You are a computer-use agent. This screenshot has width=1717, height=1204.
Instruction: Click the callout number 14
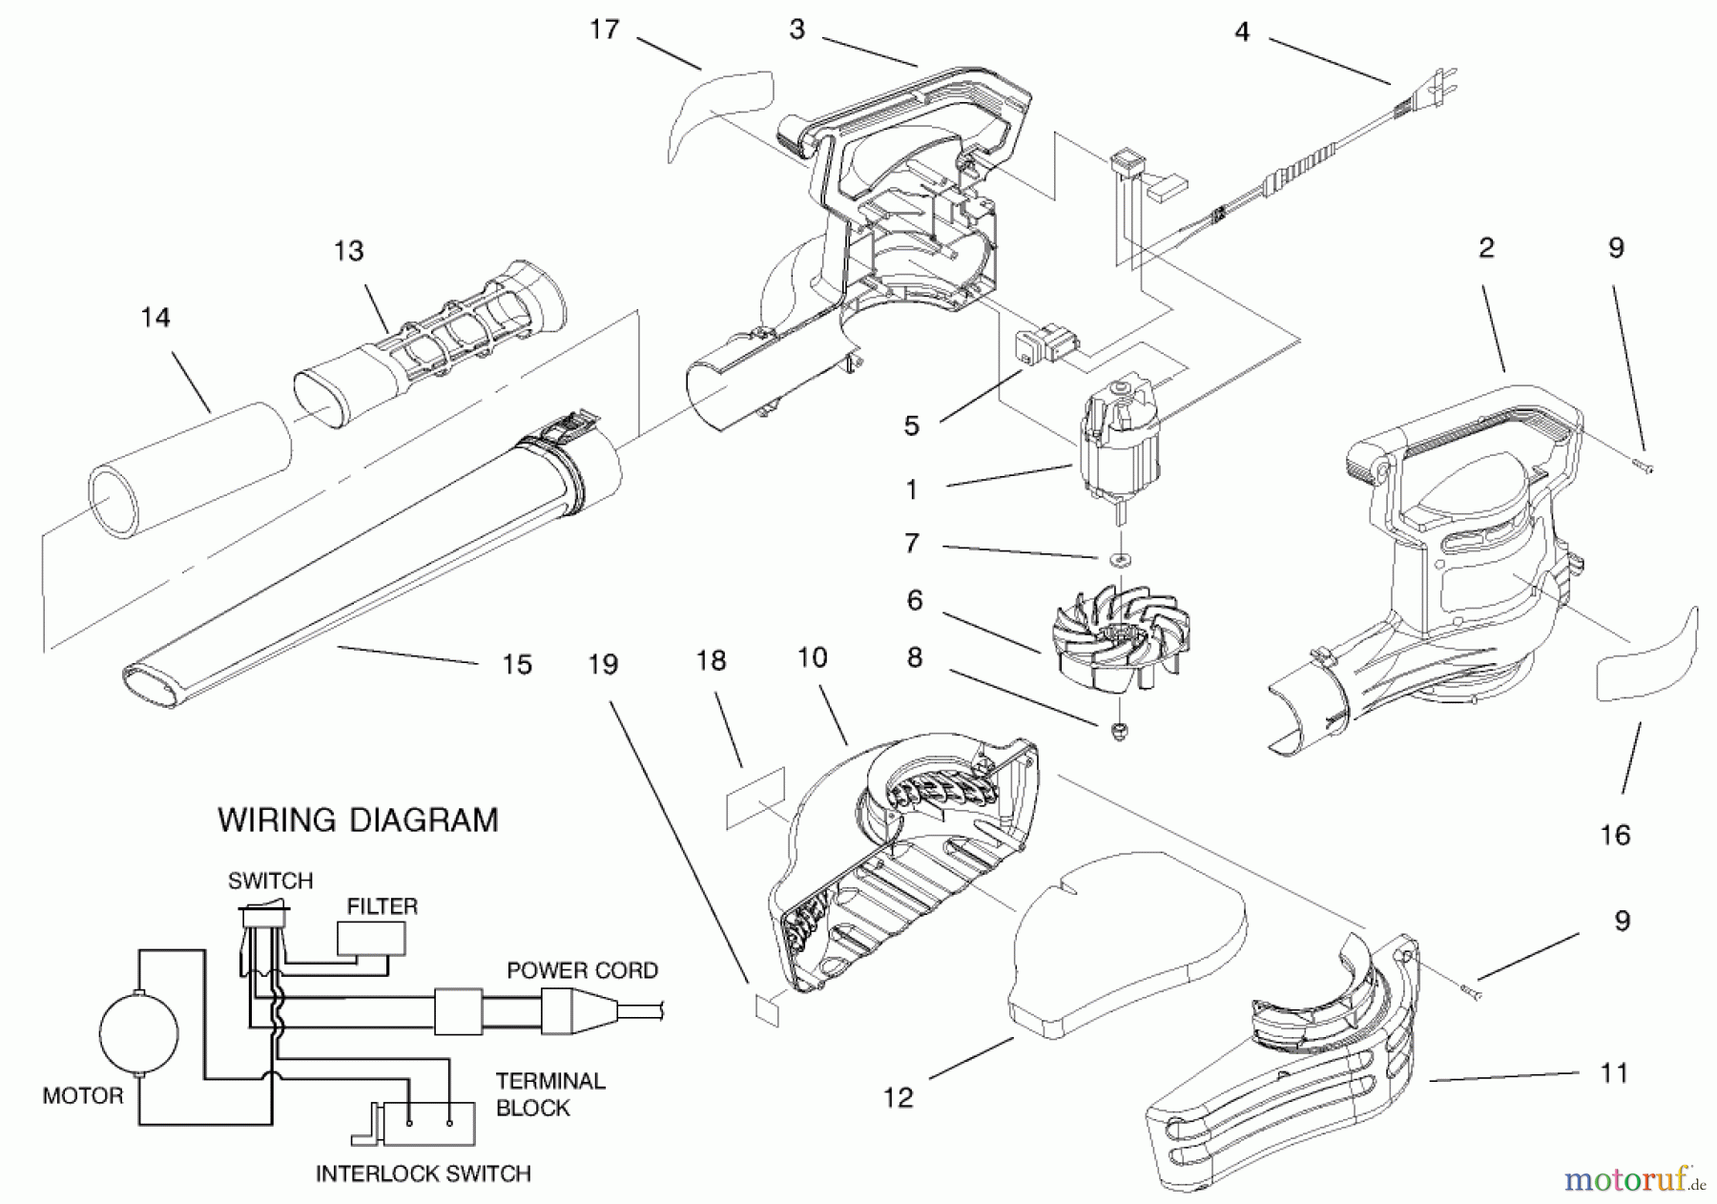[x=155, y=317]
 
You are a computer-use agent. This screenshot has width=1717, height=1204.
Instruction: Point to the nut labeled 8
[x=1120, y=732]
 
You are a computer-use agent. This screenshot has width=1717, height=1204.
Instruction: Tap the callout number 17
[x=604, y=31]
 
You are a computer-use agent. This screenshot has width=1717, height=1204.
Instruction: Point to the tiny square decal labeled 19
[x=768, y=1009]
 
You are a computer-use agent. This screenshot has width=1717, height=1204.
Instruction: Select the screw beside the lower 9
[x=1471, y=995]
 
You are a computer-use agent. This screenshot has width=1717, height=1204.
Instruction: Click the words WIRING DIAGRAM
[x=358, y=820]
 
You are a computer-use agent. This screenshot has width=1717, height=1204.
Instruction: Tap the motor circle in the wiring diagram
[x=139, y=1032]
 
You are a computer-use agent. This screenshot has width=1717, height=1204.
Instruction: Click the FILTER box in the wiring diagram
[x=371, y=940]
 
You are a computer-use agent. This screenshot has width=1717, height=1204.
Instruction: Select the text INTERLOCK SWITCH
[x=423, y=1173]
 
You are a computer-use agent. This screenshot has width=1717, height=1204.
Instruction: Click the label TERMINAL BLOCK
[x=549, y=1094]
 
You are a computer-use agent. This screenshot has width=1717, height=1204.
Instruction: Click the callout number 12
[x=898, y=1098]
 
